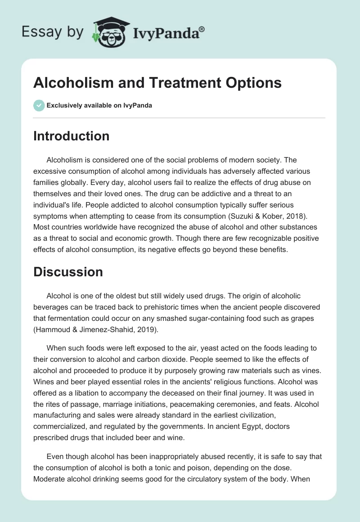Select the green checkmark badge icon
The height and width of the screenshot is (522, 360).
[x=39, y=105]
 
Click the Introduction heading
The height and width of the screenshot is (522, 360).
[x=71, y=136]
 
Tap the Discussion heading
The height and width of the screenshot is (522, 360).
[x=68, y=272]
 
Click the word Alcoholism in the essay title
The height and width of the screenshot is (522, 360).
[x=72, y=83]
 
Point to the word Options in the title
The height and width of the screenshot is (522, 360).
[x=254, y=83]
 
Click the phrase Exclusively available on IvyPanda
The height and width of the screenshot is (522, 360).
[x=99, y=105]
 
